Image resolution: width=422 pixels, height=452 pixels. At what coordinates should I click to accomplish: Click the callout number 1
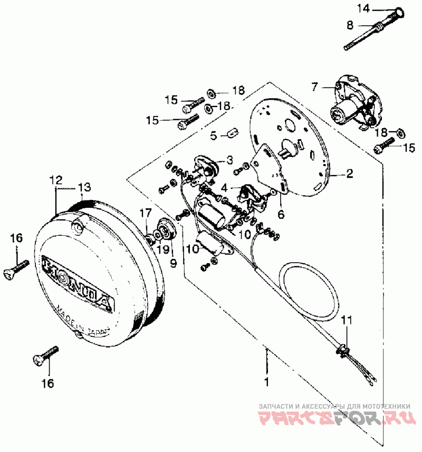click(x=267, y=381)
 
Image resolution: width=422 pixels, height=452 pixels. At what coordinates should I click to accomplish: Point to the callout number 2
click(x=349, y=173)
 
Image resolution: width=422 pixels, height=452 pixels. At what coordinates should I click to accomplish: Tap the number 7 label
click(x=315, y=86)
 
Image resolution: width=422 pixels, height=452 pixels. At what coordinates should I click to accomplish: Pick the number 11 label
click(x=346, y=319)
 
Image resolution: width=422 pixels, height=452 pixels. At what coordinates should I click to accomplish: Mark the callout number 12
click(x=55, y=179)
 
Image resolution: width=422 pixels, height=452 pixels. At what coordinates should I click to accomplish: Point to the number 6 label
click(x=280, y=214)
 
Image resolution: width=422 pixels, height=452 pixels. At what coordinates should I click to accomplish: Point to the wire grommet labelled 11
click(x=343, y=348)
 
